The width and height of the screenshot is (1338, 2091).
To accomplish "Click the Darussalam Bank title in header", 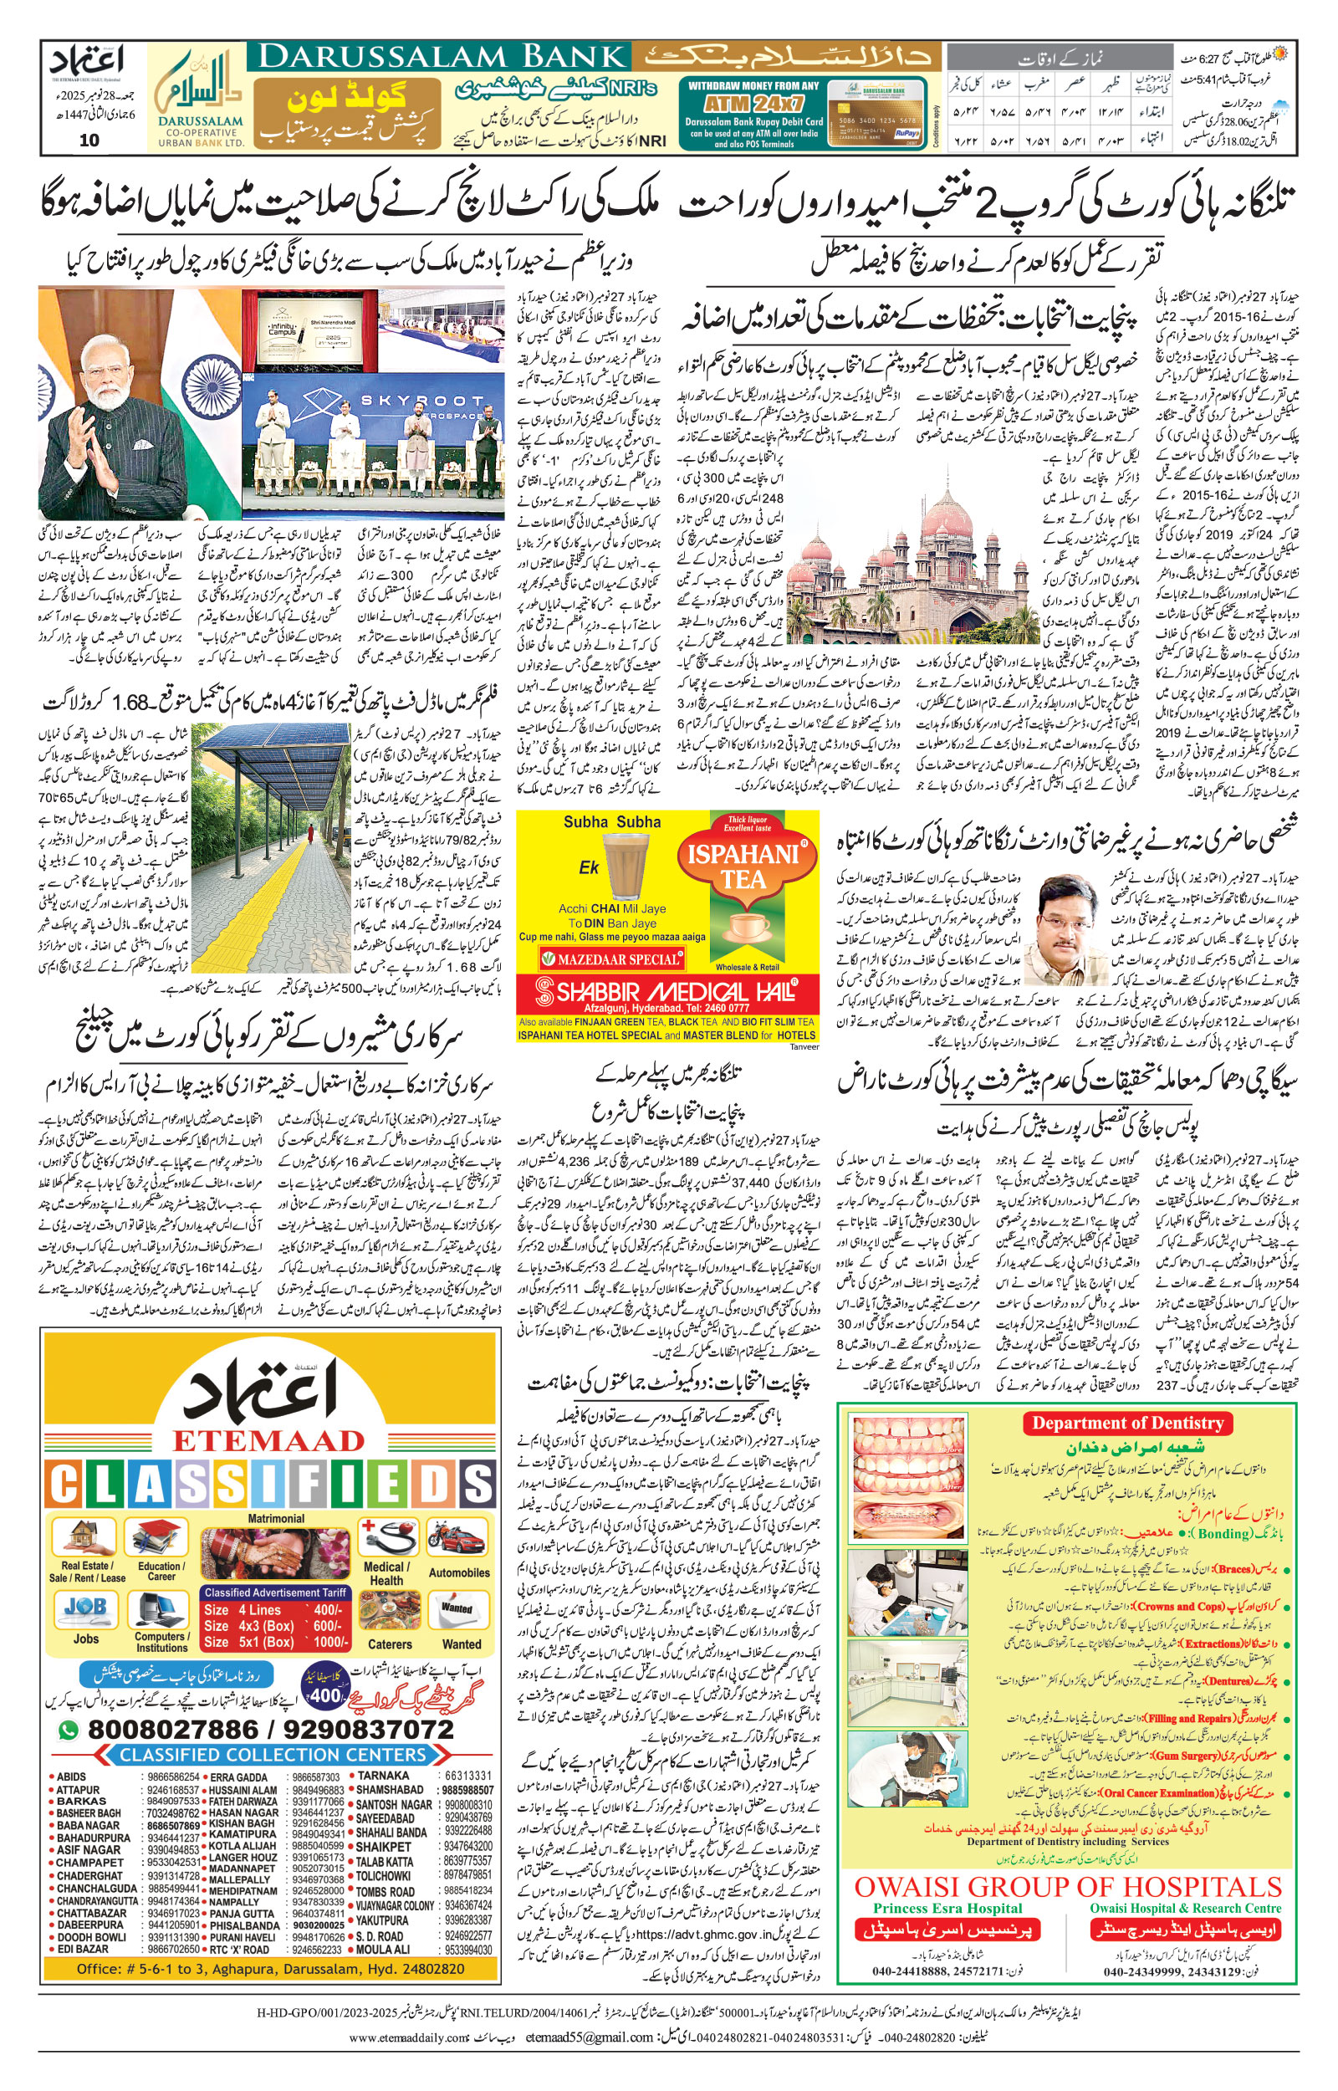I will click(443, 58).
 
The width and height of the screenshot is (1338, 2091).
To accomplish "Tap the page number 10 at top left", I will click(89, 140).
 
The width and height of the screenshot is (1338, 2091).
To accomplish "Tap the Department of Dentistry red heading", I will click(1128, 1423).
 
